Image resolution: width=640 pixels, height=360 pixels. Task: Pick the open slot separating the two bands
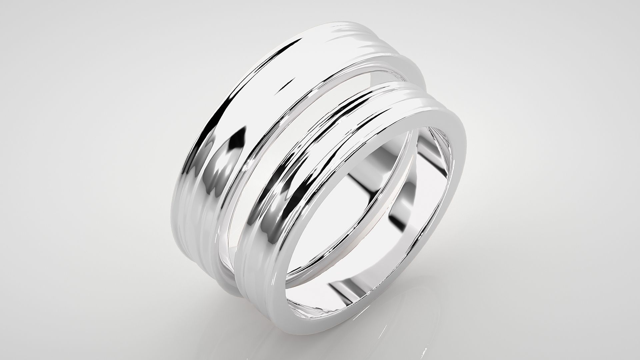coord(333,100)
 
